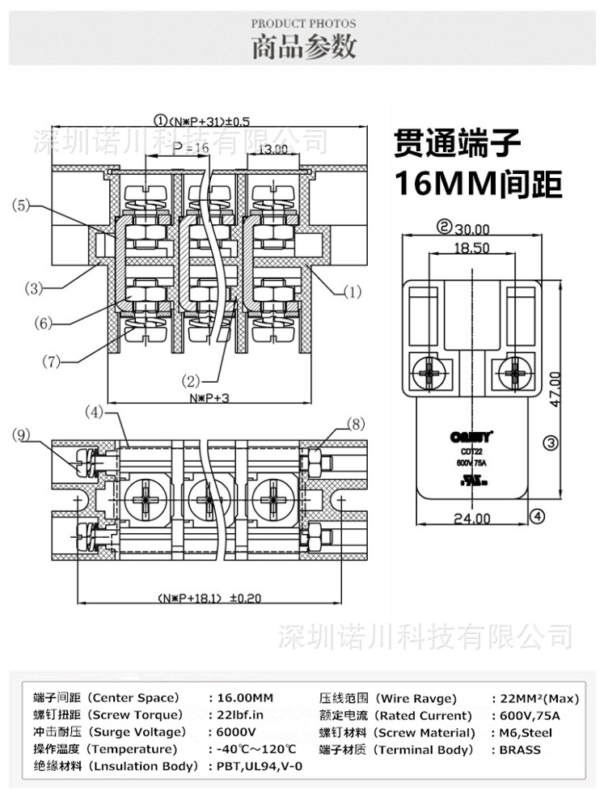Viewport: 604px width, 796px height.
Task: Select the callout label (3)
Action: [x=33, y=287]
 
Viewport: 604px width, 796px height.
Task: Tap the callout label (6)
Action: [x=43, y=323]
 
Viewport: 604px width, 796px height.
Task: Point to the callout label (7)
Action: [x=52, y=362]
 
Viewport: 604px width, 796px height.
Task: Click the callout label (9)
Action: [x=23, y=435]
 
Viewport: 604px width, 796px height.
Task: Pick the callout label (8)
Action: [x=357, y=423]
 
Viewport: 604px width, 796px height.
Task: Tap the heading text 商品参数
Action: [x=303, y=48]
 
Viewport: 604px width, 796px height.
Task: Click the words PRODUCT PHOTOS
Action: [x=303, y=24]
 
